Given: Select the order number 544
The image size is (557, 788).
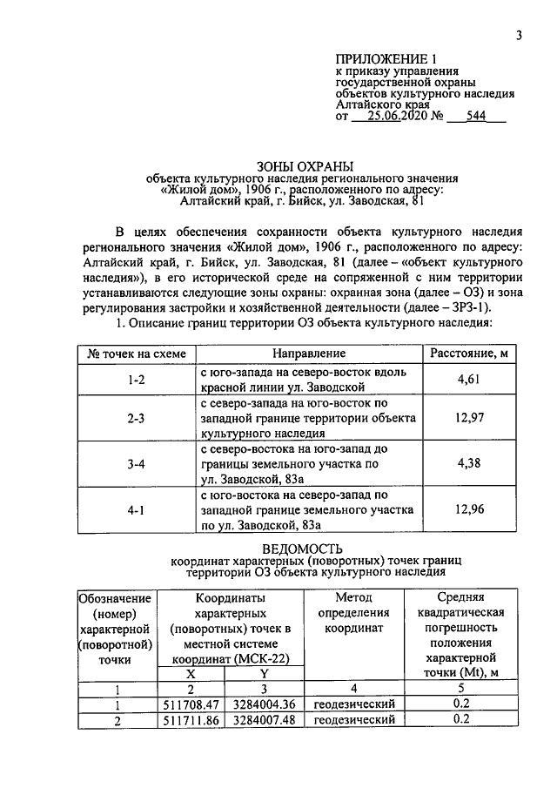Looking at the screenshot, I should click(x=476, y=118).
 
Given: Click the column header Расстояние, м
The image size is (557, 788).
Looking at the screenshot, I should click(x=469, y=353).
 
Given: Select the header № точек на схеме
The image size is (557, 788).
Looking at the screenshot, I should click(x=135, y=353).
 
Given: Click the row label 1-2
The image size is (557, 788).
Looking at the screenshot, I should click(x=135, y=379).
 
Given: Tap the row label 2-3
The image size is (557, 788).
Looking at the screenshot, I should click(x=135, y=419).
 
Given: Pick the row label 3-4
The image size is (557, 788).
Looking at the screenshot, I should click(x=135, y=464).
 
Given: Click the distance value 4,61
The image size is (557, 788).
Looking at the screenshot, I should click(x=469, y=379).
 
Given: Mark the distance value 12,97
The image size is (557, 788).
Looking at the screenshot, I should click(x=469, y=419).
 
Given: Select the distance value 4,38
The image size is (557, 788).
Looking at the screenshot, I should click(x=469, y=464).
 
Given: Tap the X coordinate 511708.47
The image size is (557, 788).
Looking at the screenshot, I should click(x=193, y=704).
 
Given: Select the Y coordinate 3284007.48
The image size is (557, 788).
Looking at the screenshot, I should click(x=265, y=719).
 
